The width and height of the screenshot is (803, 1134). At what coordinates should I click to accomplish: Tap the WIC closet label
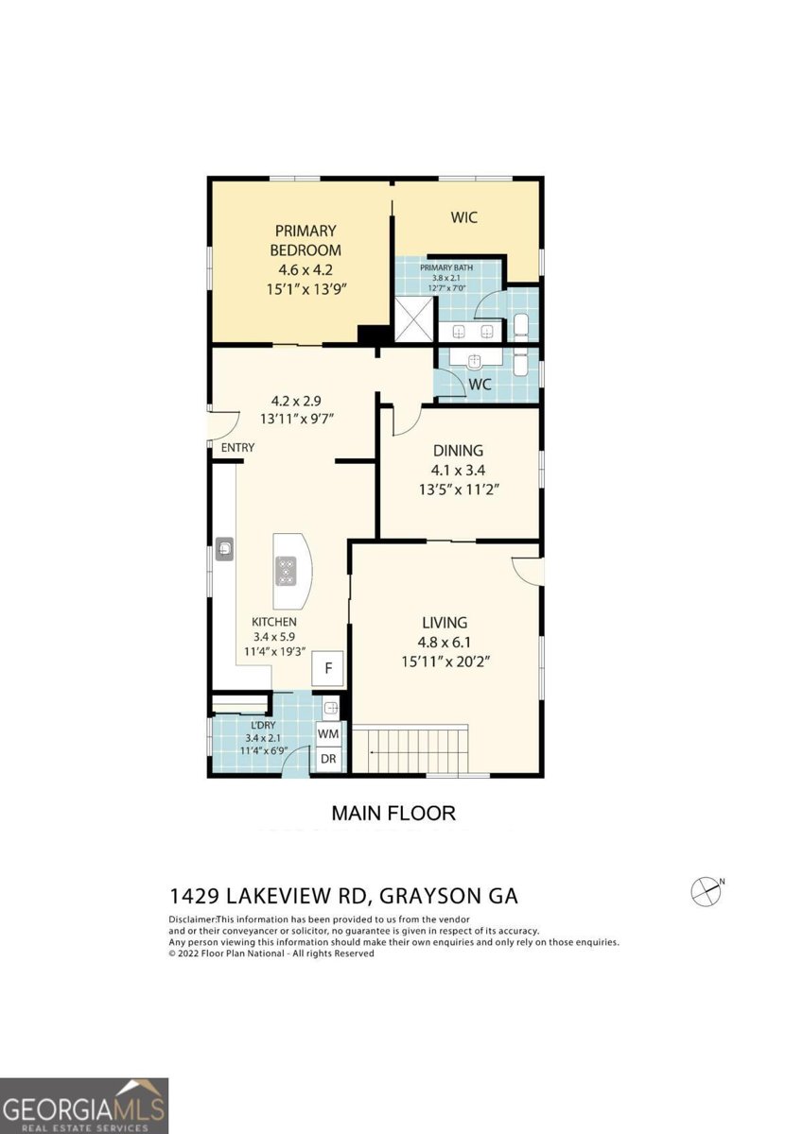tap(463, 217)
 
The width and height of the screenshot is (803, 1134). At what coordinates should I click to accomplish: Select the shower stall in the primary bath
tap(414, 319)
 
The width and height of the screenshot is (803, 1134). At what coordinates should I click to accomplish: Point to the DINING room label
tap(458, 451)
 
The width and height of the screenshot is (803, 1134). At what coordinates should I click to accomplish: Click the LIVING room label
tap(444, 622)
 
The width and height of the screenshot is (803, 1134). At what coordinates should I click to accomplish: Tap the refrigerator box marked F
tap(328, 668)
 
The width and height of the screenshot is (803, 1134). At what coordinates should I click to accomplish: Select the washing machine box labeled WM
tap(328, 732)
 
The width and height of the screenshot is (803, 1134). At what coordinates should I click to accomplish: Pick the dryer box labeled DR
tap(328, 759)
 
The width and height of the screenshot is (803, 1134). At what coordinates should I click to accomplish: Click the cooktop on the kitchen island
tap(287, 571)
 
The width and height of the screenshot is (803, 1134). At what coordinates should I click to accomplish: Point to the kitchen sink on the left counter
tap(224, 548)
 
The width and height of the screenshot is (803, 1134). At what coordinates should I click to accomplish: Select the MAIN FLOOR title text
tap(393, 813)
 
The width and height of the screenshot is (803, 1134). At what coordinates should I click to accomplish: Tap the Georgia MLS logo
tap(84, 1106)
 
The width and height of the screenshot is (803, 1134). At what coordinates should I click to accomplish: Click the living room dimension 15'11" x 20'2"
tap(444, 661)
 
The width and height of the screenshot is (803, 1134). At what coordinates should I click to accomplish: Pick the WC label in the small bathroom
tap(480, 386)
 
